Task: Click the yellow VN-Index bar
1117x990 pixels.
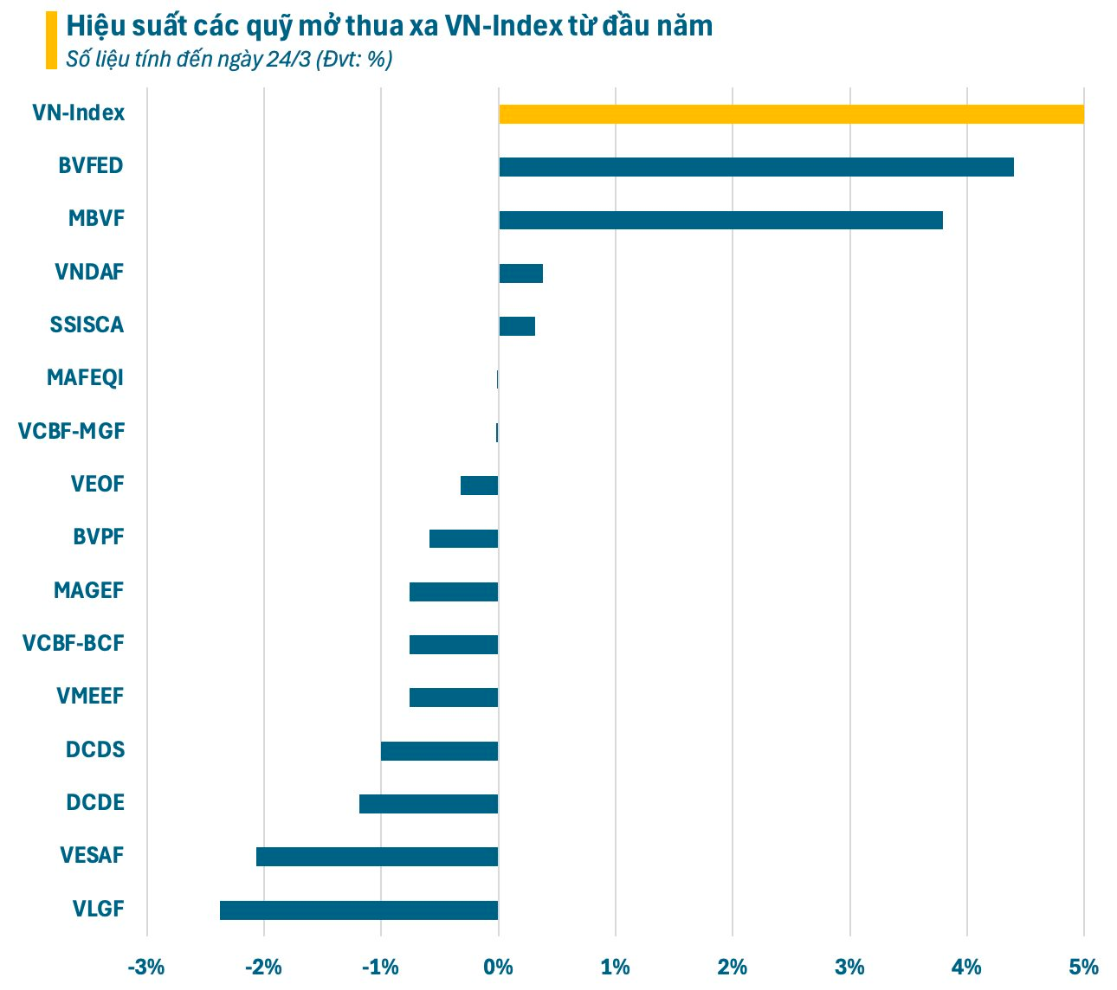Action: [791, 114]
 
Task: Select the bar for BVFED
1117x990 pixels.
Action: [756, 167]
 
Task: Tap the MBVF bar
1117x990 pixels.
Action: [720, 220]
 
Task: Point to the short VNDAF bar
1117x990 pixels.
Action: [520, 273]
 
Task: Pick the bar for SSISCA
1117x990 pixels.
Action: [517, 326]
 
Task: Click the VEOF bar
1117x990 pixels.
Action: [479, 485]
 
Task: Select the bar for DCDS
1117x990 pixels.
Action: [439, 751]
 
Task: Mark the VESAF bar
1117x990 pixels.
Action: [378, 857]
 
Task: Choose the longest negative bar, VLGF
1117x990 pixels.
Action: [359, 910]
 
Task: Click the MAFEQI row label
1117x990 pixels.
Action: [86, 378]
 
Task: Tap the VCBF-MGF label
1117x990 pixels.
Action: [71, 431]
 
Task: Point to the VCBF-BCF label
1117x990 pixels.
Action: [73, 643]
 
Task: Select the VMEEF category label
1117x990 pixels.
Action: [90, 696]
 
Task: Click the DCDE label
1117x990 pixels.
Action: [95, 802]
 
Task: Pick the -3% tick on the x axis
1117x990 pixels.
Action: [146, 967]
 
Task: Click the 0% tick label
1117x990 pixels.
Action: [498, 967]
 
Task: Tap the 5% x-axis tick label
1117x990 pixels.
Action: [1083, 967]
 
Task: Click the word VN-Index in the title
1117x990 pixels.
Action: [503, 26]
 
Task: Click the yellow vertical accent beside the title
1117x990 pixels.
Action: [51, 40]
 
